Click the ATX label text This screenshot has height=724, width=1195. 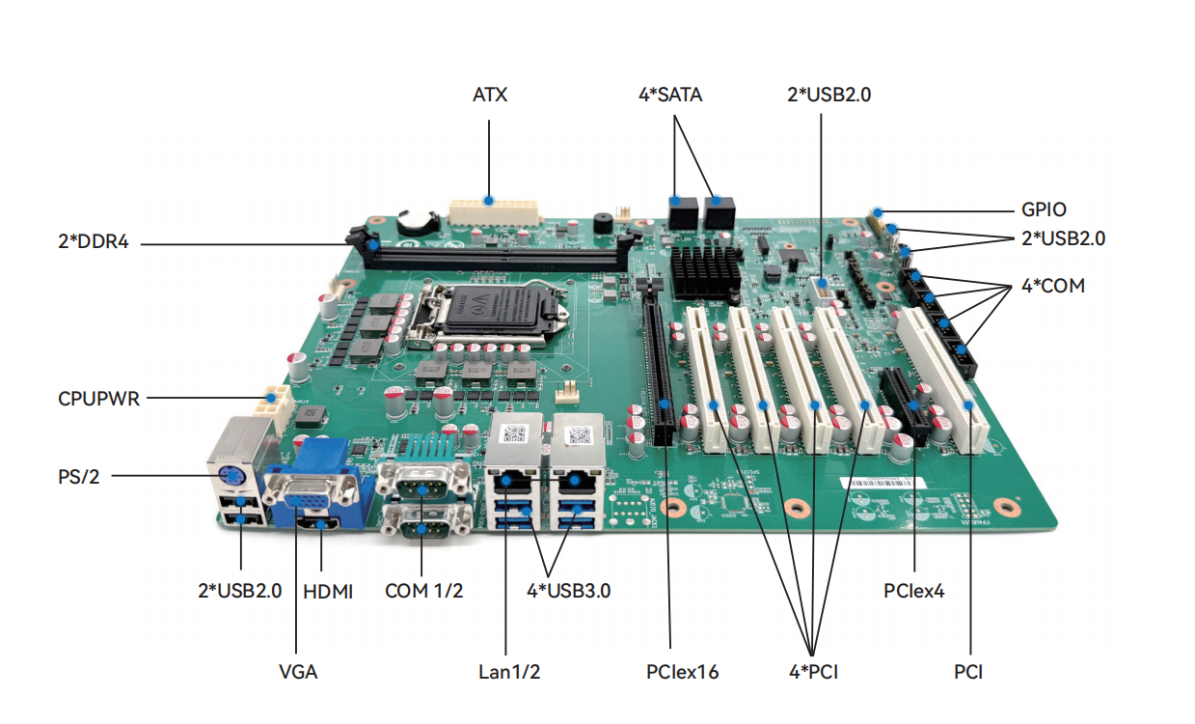click(490, 95)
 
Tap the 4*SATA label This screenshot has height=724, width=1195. click(670, 95)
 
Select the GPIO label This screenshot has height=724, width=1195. click(1044, 209)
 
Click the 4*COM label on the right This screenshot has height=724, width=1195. click(1052, 287)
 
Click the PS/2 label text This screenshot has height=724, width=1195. click(79, 475)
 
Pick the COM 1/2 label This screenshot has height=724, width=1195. click(423, 591)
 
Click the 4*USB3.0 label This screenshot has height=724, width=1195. click(569, 591)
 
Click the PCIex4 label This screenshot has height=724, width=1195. click(913, 591)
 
